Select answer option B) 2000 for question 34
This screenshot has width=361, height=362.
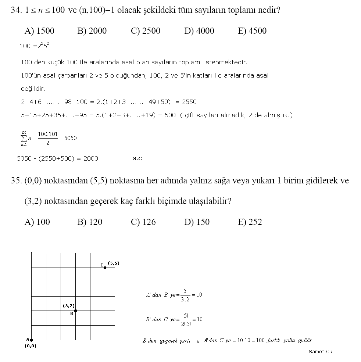pos(92,31)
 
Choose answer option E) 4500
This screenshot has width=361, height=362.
pos(252,31)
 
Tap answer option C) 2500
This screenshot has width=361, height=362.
pos(146,31)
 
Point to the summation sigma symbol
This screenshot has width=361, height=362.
pos(24,138)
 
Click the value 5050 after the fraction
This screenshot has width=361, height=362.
pos(70,138)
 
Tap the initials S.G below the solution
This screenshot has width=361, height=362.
pos(137,159)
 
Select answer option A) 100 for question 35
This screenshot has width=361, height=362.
pos(37,222)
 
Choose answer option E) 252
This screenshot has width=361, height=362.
pos(250,222)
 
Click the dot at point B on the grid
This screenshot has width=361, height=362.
pos(75,311)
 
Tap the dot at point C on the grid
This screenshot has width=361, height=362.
pos(105,268)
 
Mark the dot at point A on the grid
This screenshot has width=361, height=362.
pos(32,340)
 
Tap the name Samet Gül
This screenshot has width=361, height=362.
pos(321,351)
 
